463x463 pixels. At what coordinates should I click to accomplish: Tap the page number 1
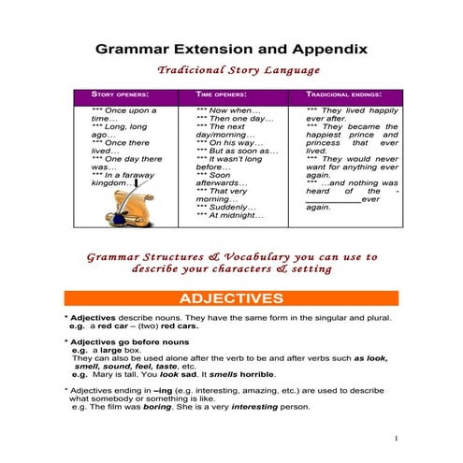pyautogui.click(x=397, y=438)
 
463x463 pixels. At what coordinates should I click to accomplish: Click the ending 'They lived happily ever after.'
pyautogui.click(x=352, y=115)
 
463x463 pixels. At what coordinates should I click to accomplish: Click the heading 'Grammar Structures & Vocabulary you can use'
pyautogui.click(x=232, y=256)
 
